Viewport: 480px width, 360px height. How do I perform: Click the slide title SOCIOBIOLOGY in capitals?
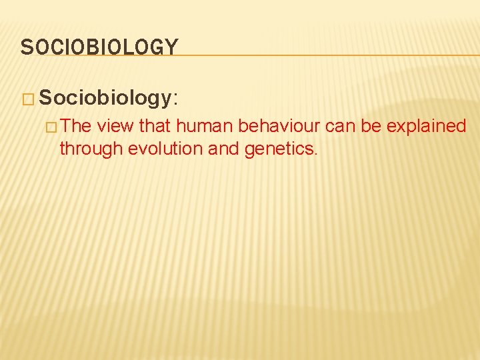point(99,47)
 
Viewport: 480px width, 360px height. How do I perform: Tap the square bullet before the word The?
point(51,127)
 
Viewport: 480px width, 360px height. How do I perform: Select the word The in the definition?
point(76,126)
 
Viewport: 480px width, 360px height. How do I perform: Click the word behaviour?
point(280,126)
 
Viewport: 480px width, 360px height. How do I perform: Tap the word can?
point(340,126)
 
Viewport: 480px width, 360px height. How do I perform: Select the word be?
point(372,126)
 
